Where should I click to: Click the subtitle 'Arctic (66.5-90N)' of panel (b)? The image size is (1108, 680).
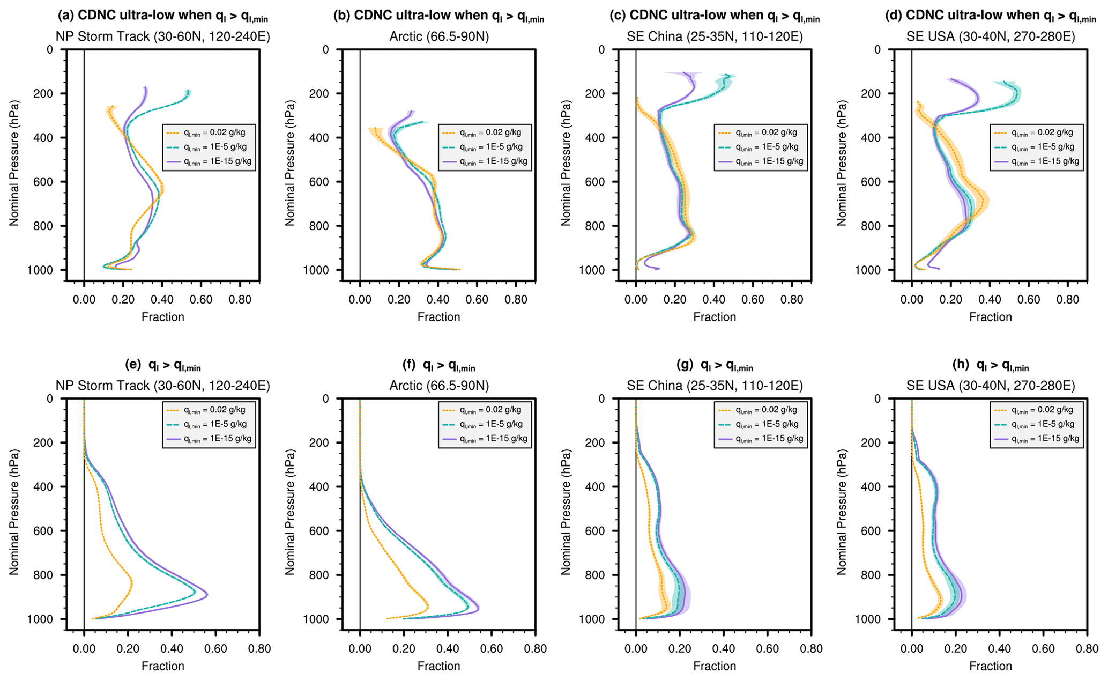click(438, 36)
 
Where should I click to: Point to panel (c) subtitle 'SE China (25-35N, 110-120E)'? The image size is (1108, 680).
click(715, 36)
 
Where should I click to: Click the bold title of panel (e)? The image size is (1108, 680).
click(163, 366)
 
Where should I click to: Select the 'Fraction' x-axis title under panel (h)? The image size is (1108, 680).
click(990, 666)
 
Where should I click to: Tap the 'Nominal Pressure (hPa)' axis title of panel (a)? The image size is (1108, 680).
click(14, 163)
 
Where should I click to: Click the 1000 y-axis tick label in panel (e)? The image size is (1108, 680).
click(42, 619)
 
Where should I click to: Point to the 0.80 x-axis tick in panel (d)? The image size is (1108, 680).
click(1067, 299)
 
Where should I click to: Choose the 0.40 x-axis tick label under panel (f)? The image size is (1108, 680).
click(448, 649)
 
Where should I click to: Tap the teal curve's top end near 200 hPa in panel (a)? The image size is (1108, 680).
click(188, 92)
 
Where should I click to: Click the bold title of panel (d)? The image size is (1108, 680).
click(990, 16)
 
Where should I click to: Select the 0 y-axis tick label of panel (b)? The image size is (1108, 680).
click(325, 50)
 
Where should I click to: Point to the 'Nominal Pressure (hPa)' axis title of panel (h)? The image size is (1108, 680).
click(842, 512)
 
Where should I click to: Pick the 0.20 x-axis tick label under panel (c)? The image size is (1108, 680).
click(675, 299)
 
